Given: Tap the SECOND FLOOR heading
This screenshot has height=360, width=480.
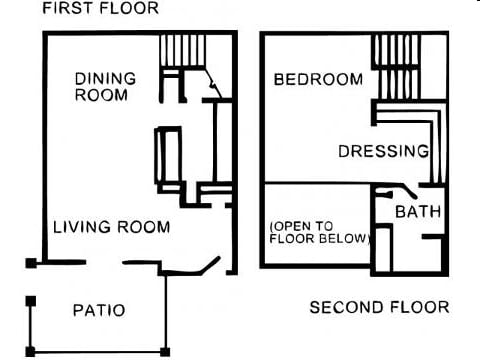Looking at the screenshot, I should (379, 307).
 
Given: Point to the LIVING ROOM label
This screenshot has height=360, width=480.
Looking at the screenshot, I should (111, 227).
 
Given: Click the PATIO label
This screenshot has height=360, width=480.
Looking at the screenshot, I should (99, 310).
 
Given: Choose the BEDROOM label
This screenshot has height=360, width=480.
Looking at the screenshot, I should (318, 79).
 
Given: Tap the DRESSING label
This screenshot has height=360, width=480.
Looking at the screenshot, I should (384, 152).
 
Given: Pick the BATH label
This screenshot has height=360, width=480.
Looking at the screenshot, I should (418, 212).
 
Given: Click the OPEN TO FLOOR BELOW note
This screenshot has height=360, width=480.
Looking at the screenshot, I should (319, 232).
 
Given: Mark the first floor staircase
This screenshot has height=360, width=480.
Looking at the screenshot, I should (179, 50).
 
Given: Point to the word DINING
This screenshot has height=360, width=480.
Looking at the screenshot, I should (105, 79).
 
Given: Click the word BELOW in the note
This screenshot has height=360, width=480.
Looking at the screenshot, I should (341, 239).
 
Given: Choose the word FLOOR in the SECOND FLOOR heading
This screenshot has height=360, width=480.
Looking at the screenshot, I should (421, 307).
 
